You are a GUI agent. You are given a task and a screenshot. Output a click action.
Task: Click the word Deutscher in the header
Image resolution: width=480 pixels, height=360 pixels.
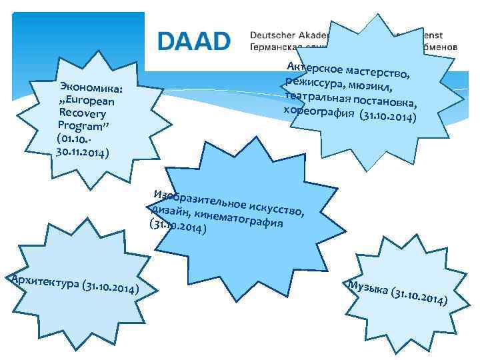pyautogui.click(x=278, y=35)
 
